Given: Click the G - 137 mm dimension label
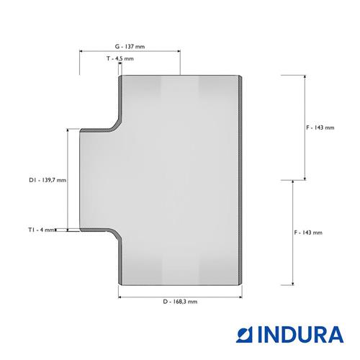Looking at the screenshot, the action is [130, 46].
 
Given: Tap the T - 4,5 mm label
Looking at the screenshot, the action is [120, 58].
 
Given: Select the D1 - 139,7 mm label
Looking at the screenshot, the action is [48, 180].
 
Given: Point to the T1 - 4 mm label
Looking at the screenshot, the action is [41, 230].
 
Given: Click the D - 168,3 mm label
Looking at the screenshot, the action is [180, 302].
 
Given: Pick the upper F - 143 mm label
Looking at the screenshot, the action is [320, 127].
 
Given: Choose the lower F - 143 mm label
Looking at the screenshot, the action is [308, 233].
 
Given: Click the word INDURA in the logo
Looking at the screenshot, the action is [301, 334].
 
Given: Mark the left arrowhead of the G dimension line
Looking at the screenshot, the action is [81, 51].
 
